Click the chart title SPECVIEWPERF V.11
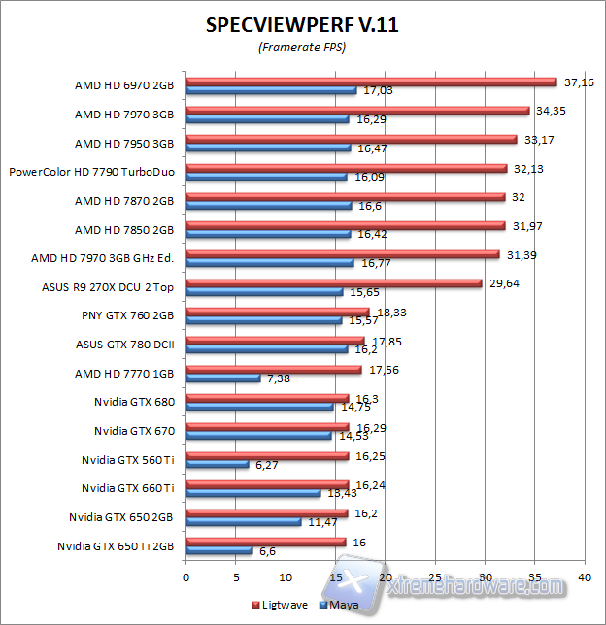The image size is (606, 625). coord(302,26)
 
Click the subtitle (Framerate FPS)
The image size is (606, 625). coord(302,48)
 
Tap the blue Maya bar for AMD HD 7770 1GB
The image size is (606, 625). coord(222,378)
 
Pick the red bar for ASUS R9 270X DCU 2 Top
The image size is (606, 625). coord(333,284)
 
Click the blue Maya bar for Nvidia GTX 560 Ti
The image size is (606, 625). coord(217,464)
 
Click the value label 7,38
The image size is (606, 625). coord(277,378)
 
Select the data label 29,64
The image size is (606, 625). coord(503,283)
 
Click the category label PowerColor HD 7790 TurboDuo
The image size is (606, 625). coord(92,172)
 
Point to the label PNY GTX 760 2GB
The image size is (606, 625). coord(128,315)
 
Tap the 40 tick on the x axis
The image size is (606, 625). coord(584,576)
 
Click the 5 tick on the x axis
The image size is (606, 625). coord(236,576)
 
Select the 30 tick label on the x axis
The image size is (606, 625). coord(484,576)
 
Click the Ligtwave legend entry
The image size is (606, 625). coord(282,605)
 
